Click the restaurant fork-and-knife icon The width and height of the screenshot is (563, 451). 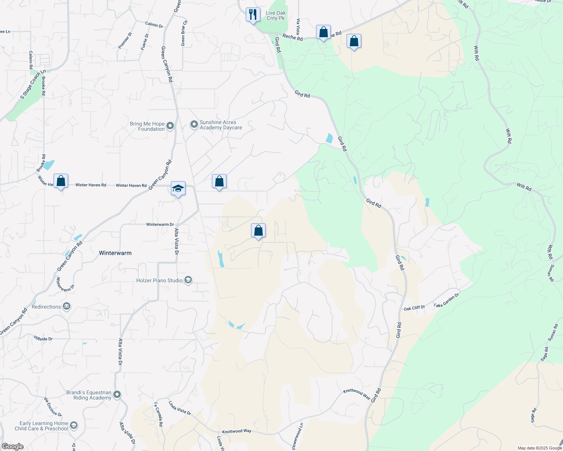click(x=253, y=15)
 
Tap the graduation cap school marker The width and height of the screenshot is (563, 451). click(x=178, y=188)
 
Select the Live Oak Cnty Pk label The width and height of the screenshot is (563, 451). click(x=276, y=15)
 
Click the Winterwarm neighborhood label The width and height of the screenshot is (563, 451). click(x=115, y=253)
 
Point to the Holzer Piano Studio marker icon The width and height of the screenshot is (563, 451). click(x=188, y=280)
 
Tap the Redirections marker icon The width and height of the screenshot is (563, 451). click(x=67, y=307)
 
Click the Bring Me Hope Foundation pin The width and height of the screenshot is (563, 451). click(x=170, y=126)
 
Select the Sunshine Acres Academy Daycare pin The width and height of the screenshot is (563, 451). click(x=194, y=124)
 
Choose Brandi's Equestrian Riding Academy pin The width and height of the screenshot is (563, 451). click(x=117, y=395)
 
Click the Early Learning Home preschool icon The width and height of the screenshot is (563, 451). click(x=74, y=425)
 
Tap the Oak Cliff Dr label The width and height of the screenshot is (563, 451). click(x=414, y=308)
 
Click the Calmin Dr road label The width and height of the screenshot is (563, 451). click(x=154, y=25)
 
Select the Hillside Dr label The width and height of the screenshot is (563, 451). click(x=43, y=339)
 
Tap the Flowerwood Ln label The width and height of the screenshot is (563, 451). click(x=297, y=436)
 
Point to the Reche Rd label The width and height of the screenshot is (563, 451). click(x=292, y=37)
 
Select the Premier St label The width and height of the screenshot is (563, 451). click(x=125, y=41)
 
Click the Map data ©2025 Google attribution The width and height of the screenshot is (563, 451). click(x=539, y=448)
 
